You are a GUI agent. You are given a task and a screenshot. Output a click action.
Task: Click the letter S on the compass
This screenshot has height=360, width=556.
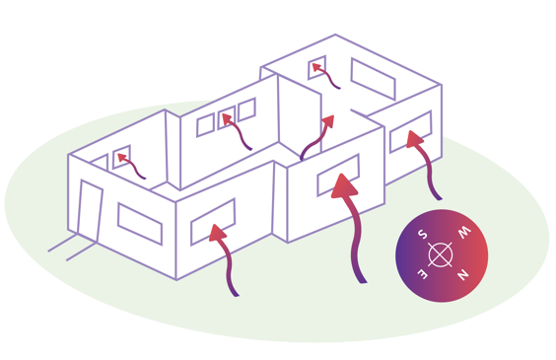coord(421,235)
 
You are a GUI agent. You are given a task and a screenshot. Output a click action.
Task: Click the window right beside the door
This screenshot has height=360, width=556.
coord(139,224)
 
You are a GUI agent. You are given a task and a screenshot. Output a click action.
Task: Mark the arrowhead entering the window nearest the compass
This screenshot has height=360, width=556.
coord(417,139)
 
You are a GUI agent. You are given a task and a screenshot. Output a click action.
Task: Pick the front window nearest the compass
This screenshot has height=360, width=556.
coord(410,133)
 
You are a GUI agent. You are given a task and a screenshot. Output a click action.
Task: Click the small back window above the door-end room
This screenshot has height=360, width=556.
coord(121,158)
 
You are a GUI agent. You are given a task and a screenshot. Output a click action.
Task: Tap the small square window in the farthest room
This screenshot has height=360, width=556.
coord(317,69)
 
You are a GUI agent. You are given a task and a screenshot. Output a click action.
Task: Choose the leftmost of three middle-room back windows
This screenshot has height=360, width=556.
coord(205,125)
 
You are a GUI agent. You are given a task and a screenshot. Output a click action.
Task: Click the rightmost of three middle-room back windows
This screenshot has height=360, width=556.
coord(246,109)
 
